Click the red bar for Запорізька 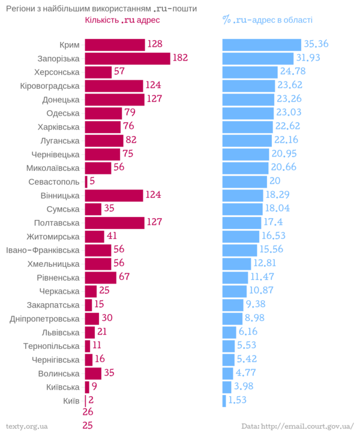(128, 58)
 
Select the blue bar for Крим (262, 45)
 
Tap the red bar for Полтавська (115, 222)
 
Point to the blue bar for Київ (224, 400)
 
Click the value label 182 (181, 58)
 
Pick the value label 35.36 (317, 44)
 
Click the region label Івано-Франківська (42, 250)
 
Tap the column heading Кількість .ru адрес (123, 20)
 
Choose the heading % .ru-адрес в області (267, 20)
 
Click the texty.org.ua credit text (25, 426)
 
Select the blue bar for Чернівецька (246, 154)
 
